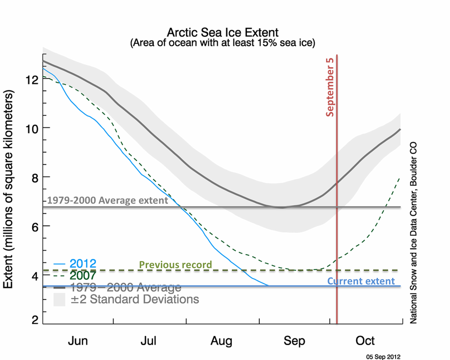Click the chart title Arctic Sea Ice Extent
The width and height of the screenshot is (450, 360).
tap(222, 33)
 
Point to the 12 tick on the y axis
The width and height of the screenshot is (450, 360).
tap(32, 80)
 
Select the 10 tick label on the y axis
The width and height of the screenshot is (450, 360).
tap(32, 129)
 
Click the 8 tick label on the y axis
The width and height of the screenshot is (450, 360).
tap(35, 178)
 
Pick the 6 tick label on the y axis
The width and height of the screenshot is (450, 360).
tap(35, 227)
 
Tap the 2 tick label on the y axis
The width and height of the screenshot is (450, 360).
tap(35, 320)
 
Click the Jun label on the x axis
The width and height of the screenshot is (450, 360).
tap(78, 341)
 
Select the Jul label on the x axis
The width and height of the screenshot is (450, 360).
tap(148, 341)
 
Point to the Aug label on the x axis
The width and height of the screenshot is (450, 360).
tap(221, 341)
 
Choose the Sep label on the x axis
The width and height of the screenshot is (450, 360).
tap(294, 341)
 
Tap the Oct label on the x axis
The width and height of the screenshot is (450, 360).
tap(365, 341)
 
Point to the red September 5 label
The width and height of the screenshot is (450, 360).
tap(330, 87)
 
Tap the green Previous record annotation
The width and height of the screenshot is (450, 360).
tap(175, 265)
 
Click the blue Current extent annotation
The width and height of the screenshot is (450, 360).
tap(361, 281)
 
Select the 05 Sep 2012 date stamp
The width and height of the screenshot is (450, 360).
tap(383, 357)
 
